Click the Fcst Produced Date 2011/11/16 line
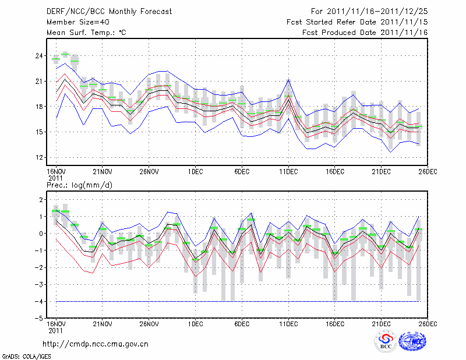point(365,33)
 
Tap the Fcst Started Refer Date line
point(357,22)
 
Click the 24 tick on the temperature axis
point(39,56)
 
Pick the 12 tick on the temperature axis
point(39,157)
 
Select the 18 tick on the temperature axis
point(39,107)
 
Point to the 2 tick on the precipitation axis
point(41,200)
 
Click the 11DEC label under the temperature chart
point(288,171)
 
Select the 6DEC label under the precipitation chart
point(242,323)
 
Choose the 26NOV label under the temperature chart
point(149,171)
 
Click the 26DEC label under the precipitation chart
point(428,323)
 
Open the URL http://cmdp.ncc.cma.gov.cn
point(96,344)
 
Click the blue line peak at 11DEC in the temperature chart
point(288,79)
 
